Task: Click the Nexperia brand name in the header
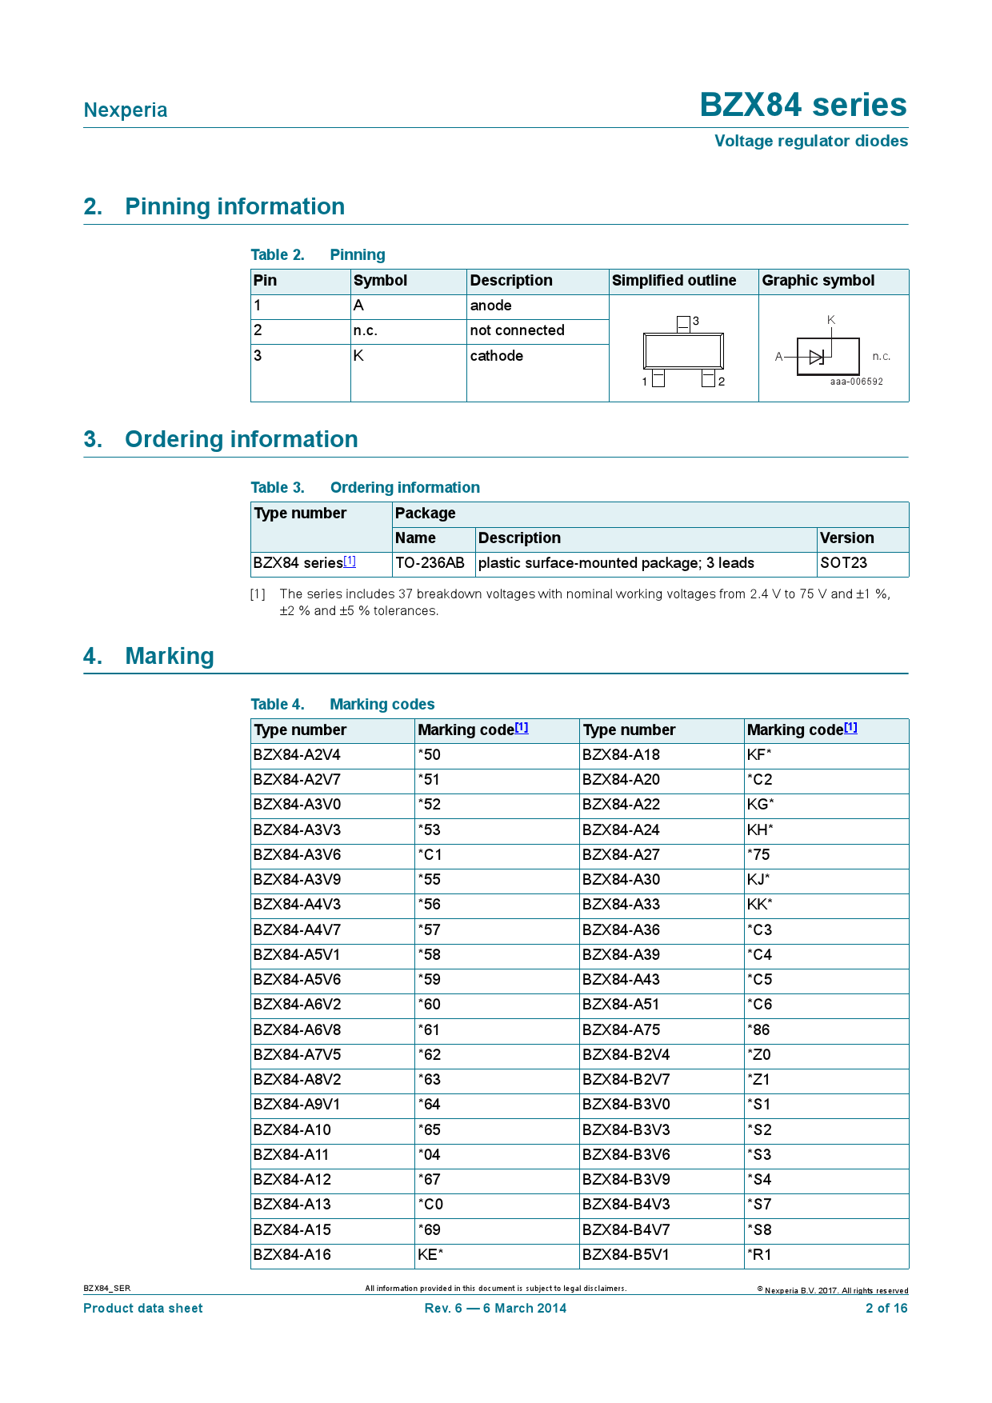[126, 110]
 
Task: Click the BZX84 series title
[802, 106]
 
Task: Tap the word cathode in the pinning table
[496, 356]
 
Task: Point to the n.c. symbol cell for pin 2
[366, 331]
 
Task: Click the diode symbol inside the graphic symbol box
[816, 357]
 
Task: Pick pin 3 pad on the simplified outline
[683, 323]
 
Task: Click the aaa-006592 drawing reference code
[856, 382]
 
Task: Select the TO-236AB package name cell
[430, 563]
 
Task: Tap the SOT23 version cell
[843, 563]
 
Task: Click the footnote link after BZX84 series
[350, 562]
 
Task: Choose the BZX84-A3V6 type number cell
[298, 855]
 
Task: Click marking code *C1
[430, 855]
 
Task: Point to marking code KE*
[430, 1255]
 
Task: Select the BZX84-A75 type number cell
[622, 1030]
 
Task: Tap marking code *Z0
[759, 1055]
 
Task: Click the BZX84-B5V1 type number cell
[626, 1255]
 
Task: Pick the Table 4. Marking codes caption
[342, 705]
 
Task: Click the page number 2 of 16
[886, 1309]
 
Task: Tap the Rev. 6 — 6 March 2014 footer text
[495, 1309]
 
